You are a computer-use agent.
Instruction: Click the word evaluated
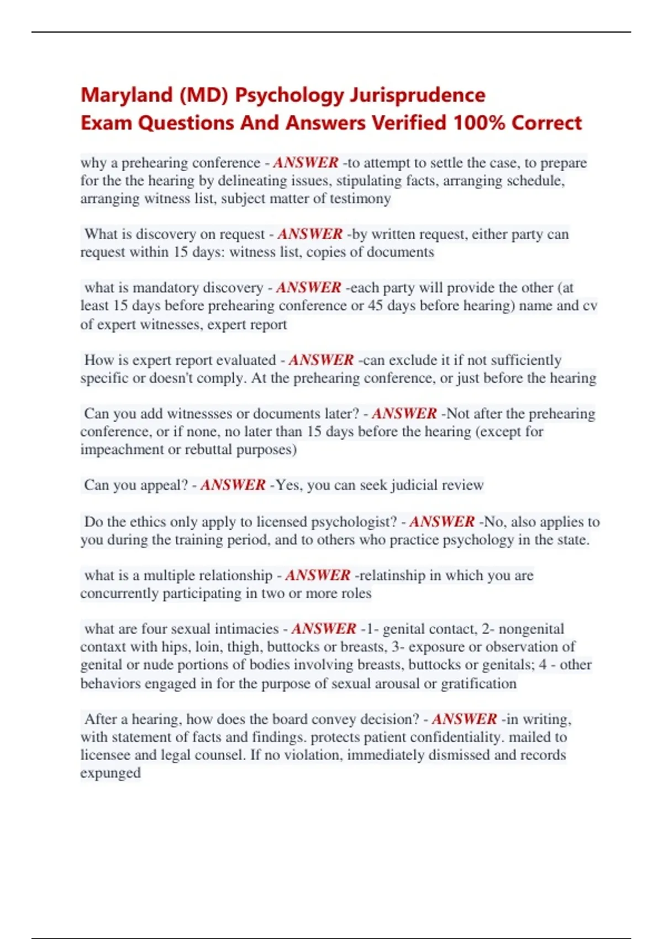[x=246, y=360]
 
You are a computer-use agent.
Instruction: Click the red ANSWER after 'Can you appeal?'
[x=233, y=485]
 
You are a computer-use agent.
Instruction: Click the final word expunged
[x=110, y=773]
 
